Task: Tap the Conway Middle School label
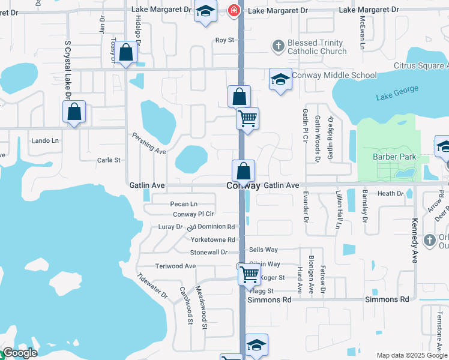[334, 76]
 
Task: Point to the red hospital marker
[234, 10]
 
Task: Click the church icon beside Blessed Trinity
[278, 45]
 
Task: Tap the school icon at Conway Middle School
[280, 80]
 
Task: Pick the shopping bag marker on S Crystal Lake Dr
[74, 112]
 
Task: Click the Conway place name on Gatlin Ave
[244, 186]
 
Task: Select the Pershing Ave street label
[148, 144]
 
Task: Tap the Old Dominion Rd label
[211, 227]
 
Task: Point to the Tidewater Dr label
[152, 286]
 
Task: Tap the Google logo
[19, 353]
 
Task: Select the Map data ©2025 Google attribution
[411, 355]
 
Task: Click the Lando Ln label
[46, 141]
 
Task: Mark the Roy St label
[224, 40]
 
